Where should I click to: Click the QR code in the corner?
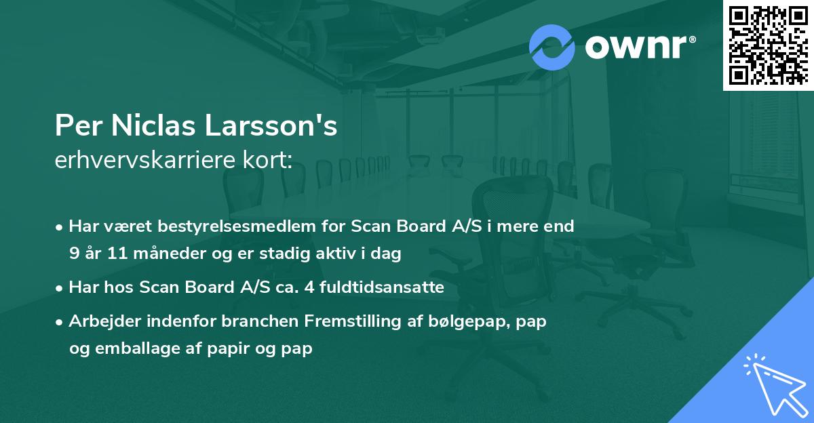(768, 45)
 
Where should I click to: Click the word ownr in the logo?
(639, 47)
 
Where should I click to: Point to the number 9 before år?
(73, 254)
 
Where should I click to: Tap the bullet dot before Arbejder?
(60, 321)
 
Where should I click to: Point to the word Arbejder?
(100, 321)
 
